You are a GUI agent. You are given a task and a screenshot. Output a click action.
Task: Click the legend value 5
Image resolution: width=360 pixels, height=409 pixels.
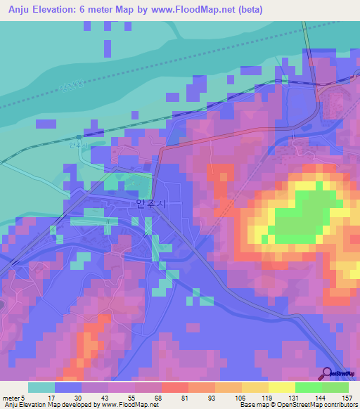click(x=23, y=397)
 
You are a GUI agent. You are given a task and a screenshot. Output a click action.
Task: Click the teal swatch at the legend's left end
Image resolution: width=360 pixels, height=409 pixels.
click(x=41, y=387)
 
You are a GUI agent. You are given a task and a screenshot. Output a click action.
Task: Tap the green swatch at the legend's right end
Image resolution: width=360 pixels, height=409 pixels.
click(x=335, y=387)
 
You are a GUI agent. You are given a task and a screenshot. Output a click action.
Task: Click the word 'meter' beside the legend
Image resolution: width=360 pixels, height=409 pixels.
click(x=11, y=397)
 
